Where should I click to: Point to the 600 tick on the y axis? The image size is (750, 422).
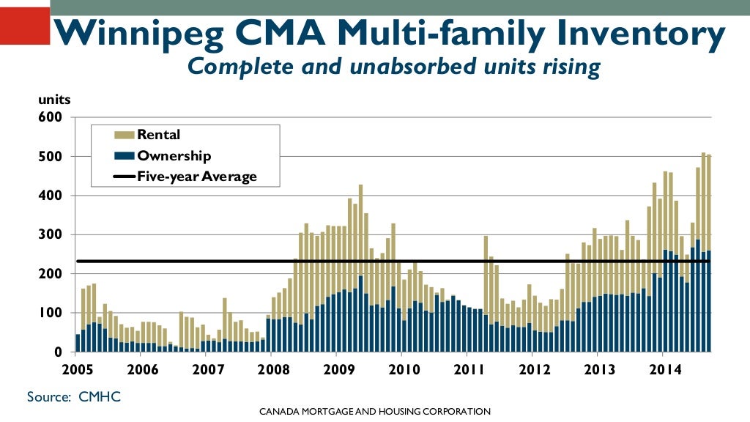[x=54, y=117]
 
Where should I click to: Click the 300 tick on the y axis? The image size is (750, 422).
[x=54, y=234]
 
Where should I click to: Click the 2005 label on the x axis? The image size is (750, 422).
[x=77, y=369]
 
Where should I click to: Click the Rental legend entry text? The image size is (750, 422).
[x=158, y=135]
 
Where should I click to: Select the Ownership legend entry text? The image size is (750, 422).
[x=174, y=155]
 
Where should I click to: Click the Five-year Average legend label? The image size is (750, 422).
[x=197, y=177]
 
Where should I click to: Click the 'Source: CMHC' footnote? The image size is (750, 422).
[x=73, y=396]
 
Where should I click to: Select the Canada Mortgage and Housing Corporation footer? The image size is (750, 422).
[x=374, y=412]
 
